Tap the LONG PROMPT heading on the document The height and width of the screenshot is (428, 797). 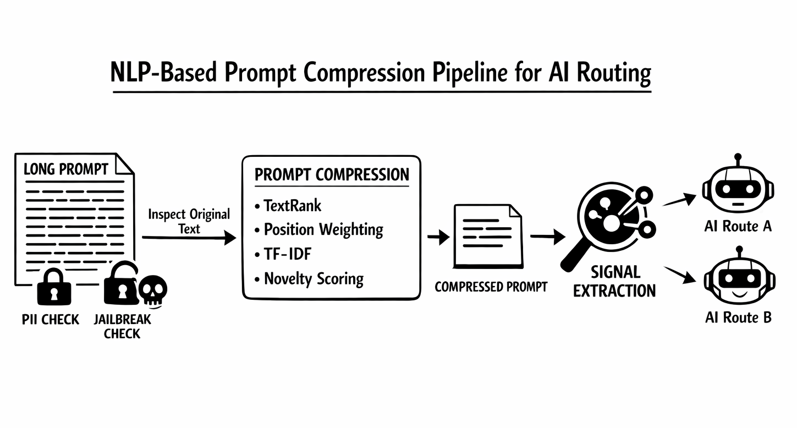(66, 169)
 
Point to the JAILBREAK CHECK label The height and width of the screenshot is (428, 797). (122, 326)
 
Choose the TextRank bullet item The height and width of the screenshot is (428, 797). (292, 206)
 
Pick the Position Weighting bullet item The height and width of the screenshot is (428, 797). (323, 229)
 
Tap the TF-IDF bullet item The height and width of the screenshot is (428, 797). (287, 254)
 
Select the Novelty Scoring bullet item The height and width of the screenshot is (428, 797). (314, 278)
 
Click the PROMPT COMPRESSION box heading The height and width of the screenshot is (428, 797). (332, 175)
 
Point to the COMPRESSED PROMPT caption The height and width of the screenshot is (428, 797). (491, 287)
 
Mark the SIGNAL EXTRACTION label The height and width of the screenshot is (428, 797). (614, 281)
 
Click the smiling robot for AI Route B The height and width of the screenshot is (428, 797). (738, 279)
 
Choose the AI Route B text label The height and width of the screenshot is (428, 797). (738, 317)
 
